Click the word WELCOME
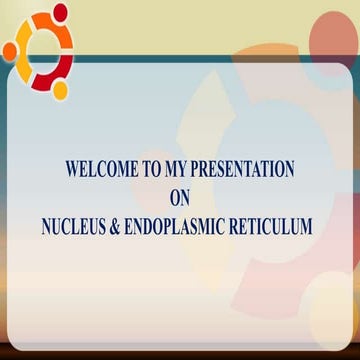pos(100,169)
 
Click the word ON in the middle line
pos(180,198)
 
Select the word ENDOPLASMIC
pos(188,227)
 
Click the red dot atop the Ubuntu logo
pos(60,12)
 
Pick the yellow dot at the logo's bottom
pos(60,89)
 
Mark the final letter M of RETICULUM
pos(313,227)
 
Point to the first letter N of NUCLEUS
pos(46,227)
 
